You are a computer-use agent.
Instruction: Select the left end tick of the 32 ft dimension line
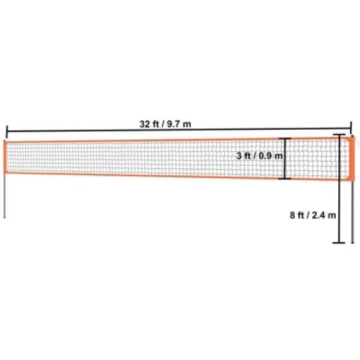tap(7, 131)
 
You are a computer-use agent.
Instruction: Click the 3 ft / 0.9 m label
tap(260, 156)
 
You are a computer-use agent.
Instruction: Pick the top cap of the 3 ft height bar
tap(285, 139)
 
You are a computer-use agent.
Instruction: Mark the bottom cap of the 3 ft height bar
tap(285, 178)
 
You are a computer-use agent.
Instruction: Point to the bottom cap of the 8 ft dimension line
tap(339, 243)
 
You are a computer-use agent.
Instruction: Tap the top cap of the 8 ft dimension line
tap(339, 135)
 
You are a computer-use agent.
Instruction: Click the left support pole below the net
tap(6, 196)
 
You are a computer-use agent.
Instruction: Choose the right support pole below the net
tap(353, 209)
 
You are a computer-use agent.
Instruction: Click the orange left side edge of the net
tap(7, 157)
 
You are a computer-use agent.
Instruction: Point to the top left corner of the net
tap(7, 141)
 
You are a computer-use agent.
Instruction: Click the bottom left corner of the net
tap(7, 173)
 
